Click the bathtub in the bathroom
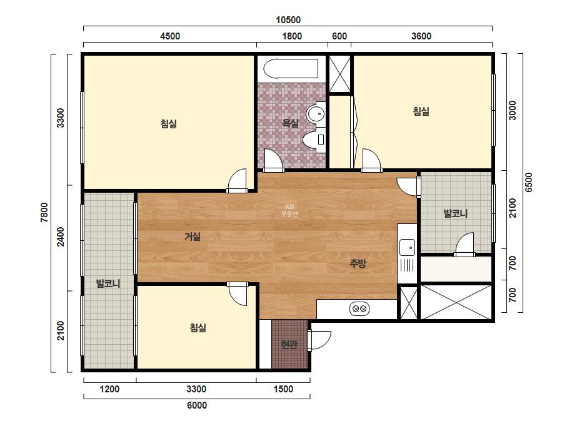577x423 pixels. point(291,69)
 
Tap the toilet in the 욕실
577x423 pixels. point(314,140)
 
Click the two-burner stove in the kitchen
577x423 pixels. point(359,308)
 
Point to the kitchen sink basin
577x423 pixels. point(407,247)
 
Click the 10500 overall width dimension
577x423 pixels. point(288,20)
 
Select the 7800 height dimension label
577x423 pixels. point(44,213)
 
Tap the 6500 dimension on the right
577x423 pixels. point(528,182)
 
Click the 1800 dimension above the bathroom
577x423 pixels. point(292,36)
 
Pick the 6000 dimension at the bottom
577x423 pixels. point(197,405)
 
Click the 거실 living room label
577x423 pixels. point(193,236)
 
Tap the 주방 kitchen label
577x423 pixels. point(358,263)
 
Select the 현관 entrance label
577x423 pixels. point(289,345)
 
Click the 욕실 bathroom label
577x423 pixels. point(290,123)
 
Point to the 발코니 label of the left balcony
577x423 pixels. point(108,283)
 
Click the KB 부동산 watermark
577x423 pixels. point(289,210)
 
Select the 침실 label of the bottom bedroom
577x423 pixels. point(198,327)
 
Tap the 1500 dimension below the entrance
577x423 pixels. point(283,389)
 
